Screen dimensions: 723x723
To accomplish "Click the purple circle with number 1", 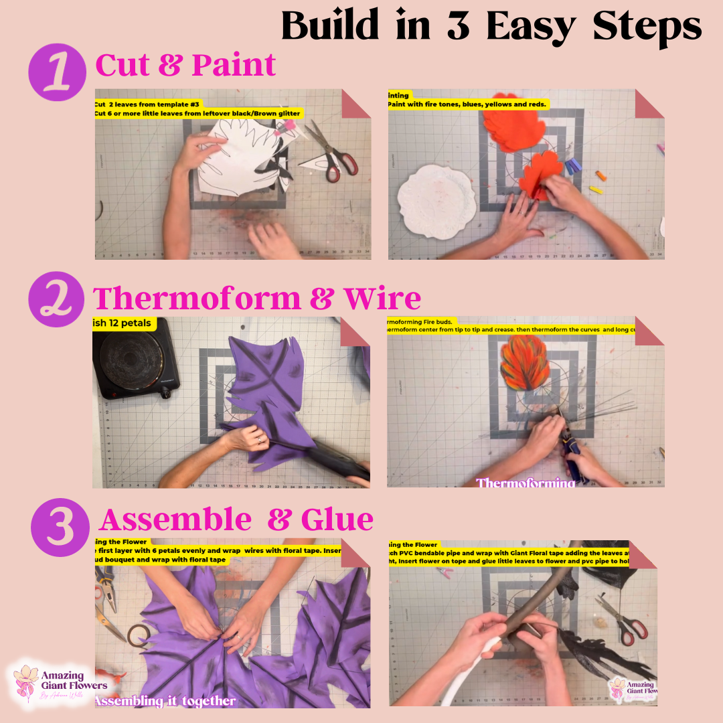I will pyautogui.click(x=58, y=72).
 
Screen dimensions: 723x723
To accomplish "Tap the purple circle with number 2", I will pyautogui.click(x=58, y=299).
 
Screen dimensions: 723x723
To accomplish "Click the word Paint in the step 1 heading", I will pyautogui.click(x=234, y=66).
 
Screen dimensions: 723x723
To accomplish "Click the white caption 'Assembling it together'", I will pyautogui.click(x=165, y=701).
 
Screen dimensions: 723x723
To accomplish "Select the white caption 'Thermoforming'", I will pyautogui.click(x=525, y=483).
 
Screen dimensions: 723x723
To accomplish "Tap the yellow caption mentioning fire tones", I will pyautogui.click(x=469, y=104).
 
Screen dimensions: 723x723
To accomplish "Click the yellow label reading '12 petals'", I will pyautogui.click(x=125, y=324).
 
